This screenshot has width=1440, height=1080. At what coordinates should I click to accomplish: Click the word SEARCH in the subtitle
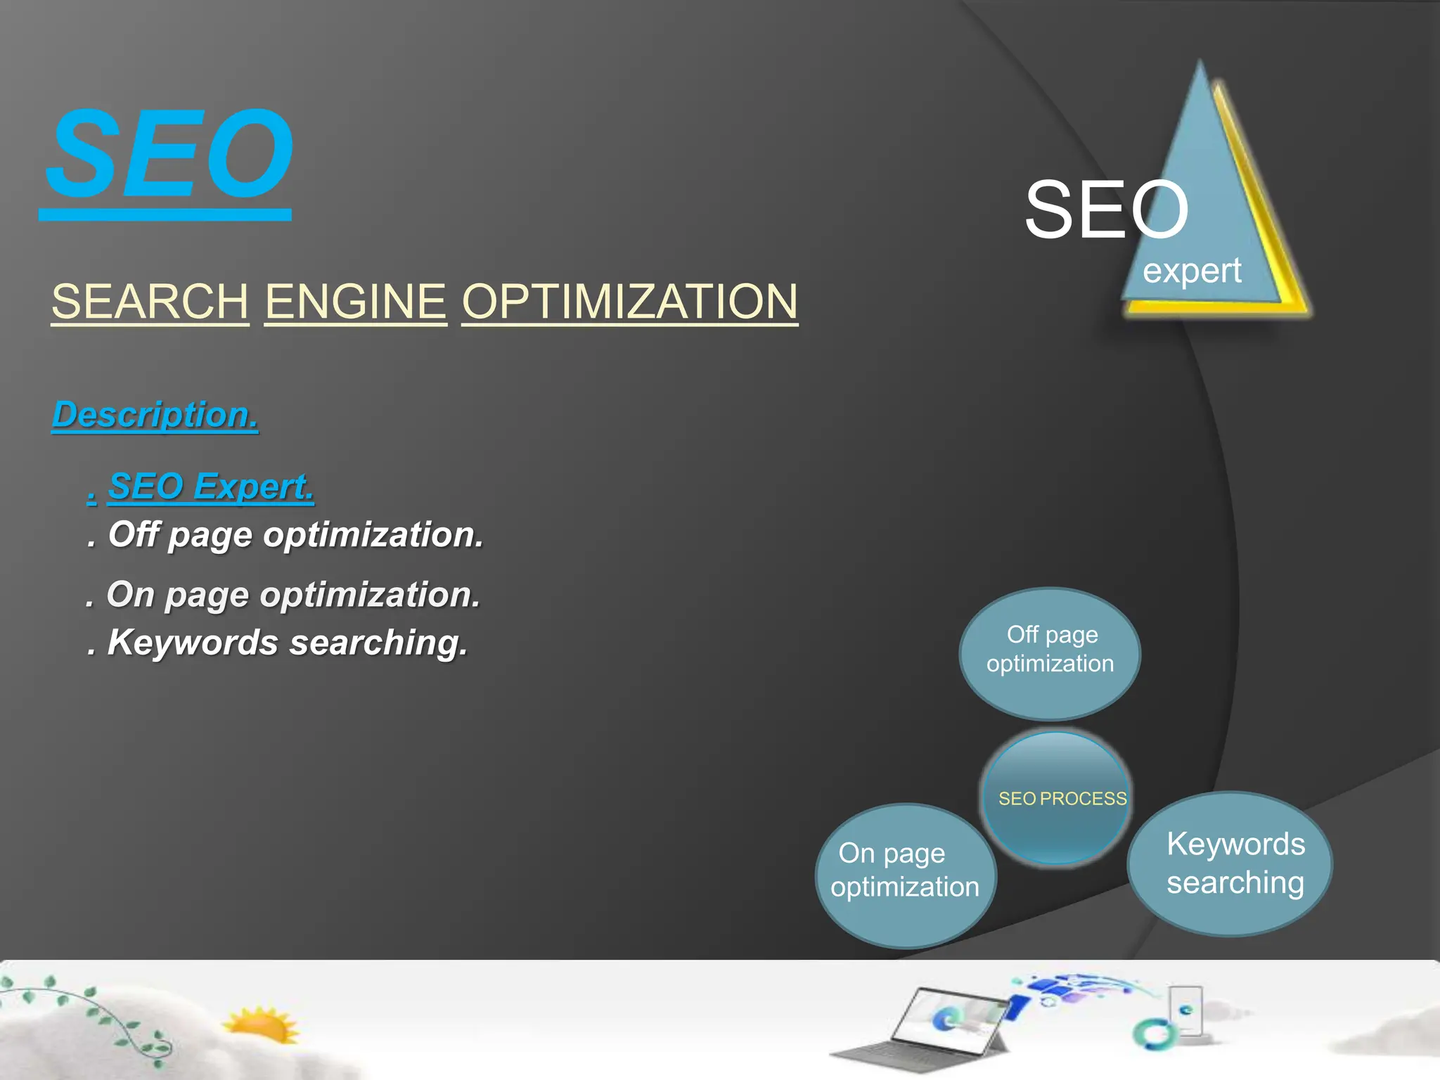coord(150,302)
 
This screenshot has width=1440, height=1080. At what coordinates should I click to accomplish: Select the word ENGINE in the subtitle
coord(355,302)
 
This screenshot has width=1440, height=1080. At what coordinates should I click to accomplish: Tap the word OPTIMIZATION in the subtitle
coord(629,302)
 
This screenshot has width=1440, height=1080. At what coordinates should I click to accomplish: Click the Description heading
coord(155,415)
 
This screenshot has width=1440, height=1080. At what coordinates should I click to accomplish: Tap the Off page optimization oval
coord(1050,652)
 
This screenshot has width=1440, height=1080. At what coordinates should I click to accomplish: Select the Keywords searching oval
coord(1230,863)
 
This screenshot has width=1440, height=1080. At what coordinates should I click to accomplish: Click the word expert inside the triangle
coord(1192,271)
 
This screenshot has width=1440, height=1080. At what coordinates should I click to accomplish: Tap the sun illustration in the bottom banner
coord(262,1026)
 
